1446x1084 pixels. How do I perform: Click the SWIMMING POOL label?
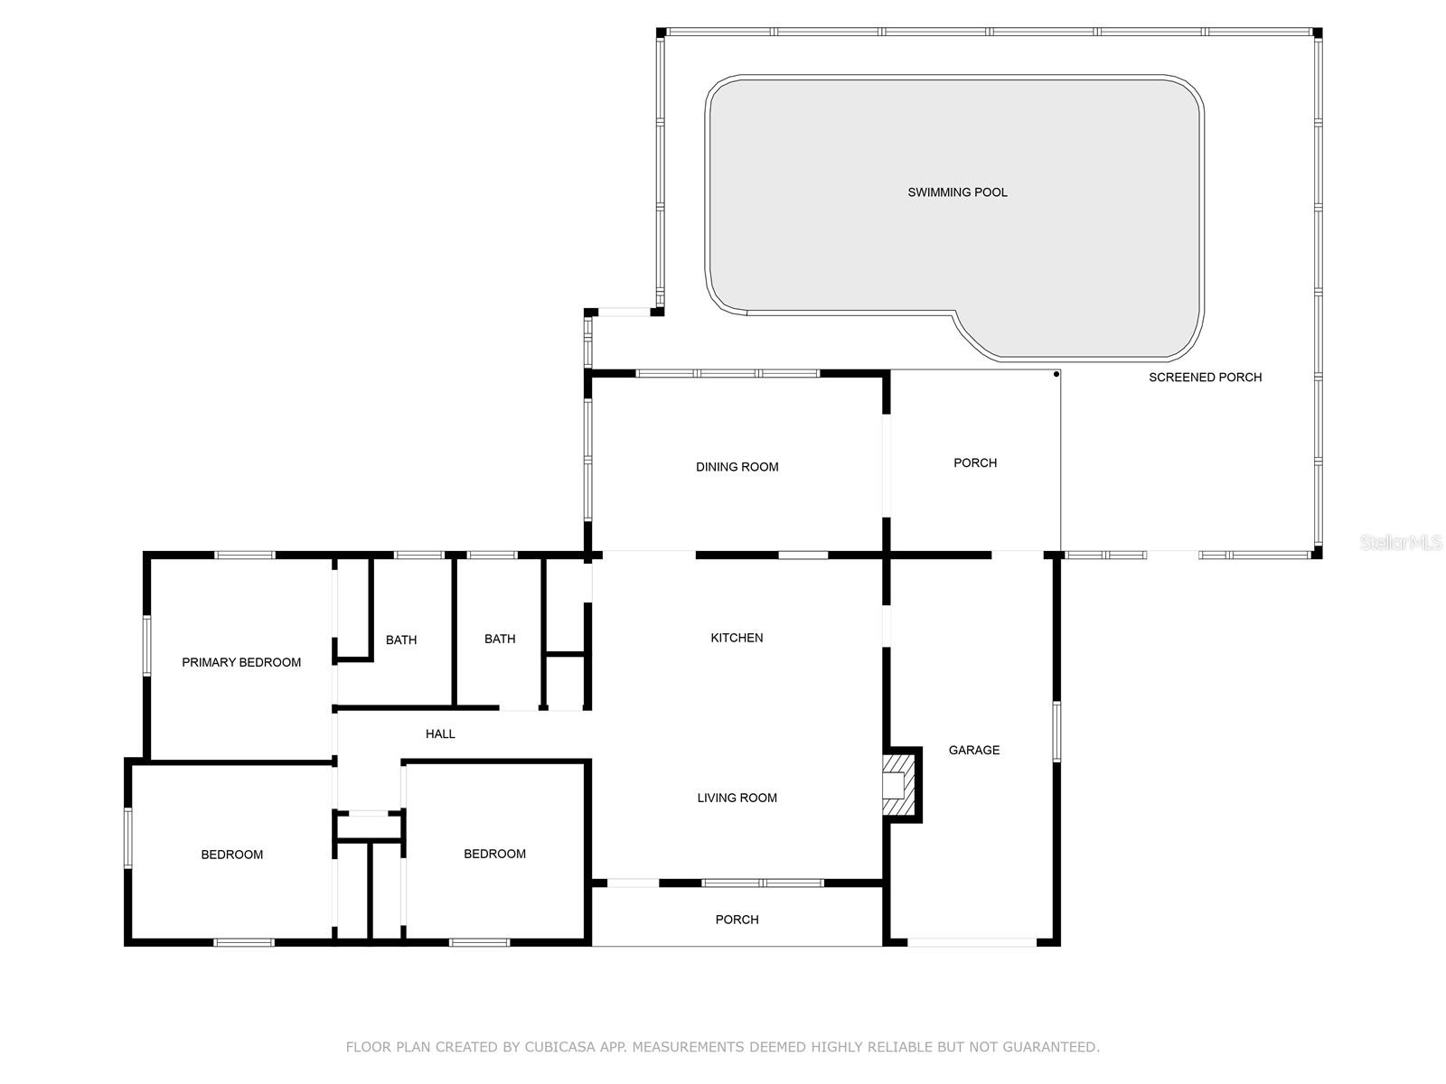(x=956, y=192)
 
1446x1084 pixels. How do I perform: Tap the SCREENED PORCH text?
(x=1205, y=377)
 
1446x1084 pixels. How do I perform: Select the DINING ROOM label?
(x=737, y=467)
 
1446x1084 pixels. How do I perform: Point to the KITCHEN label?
(x=737, y=637)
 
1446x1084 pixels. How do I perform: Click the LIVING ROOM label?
(x=737, y=798)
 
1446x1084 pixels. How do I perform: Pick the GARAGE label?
(x=973, y=750)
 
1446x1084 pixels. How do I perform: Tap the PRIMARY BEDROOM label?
(x=241, y=662)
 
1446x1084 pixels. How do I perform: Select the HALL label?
(x=440, y=734)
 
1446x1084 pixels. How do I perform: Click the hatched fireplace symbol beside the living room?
(x=898, y=785)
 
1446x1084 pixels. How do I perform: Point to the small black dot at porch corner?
(x=1056, y=375)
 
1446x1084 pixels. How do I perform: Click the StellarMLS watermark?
(x=1400, y=542)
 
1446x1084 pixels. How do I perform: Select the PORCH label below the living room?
(x=737, y=920)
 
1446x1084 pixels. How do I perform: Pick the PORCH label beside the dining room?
(x=975, y=463)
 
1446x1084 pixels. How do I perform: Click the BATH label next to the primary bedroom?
(x=401, y=640)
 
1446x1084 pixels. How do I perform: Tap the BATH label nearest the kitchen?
(x=500, y=639)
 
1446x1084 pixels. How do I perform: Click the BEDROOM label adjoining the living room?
(x=494, y=854)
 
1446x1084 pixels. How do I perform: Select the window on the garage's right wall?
(x=1056, y=732)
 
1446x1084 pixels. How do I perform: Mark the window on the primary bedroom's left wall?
(x=147, y=646)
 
